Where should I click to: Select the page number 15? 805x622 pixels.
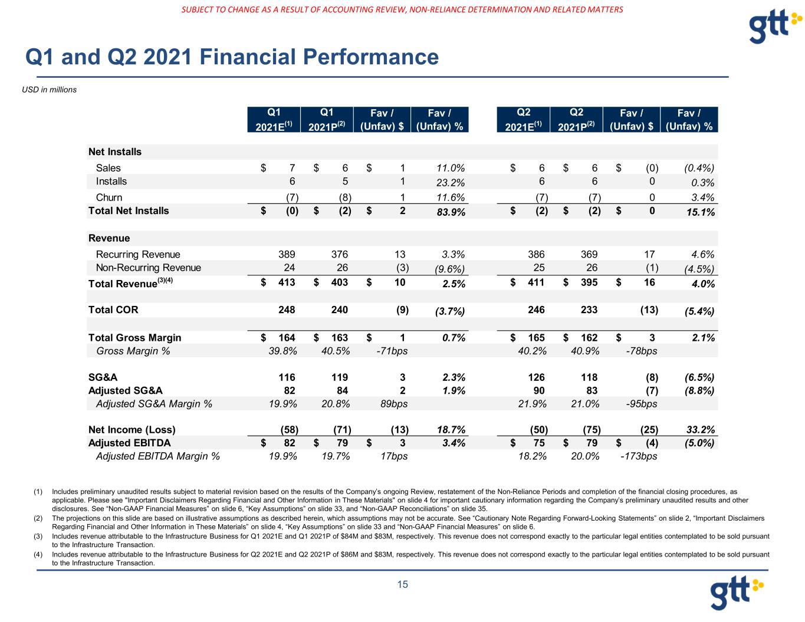tap(402, 585)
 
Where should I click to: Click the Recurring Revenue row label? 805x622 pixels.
tap(138, 255)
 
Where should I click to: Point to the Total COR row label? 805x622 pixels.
tap(113, 310)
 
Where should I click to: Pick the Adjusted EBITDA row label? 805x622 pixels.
tap(129, 443)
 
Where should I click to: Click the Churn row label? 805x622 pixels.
tap(109, 198)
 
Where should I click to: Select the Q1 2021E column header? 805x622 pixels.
tap(274, 119)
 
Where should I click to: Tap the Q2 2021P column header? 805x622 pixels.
tap(576, 119)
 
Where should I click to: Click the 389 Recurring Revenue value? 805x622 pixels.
tap(287, 255)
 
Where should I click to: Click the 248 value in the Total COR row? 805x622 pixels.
tap(287, 310)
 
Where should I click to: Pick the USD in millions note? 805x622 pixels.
tap(50, 90)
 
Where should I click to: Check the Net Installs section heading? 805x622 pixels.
tap(115, 152)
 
